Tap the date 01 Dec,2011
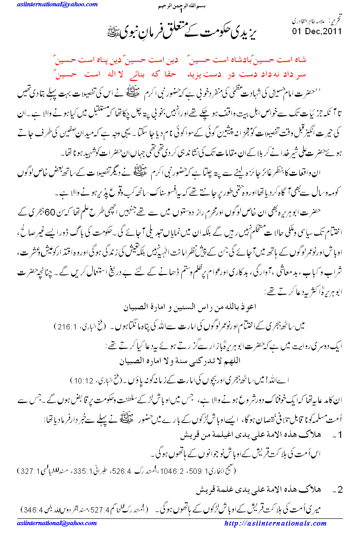(317, 31)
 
